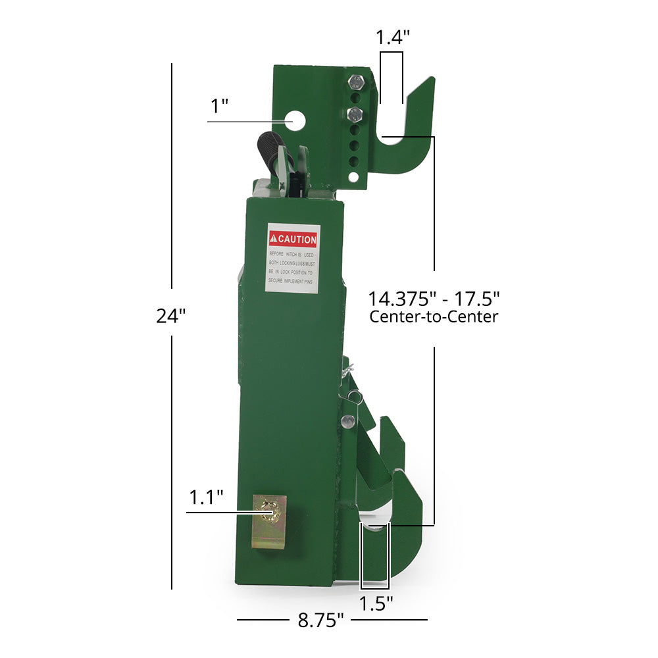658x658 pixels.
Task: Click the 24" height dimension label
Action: (x=171, y=316)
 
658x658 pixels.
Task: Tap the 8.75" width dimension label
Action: (x=321, y=620)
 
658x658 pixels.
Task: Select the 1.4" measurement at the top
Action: (x=392, y=38)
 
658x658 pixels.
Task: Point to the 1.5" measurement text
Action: (x=376, y=602)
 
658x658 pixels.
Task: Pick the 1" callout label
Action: (x=218, y=106)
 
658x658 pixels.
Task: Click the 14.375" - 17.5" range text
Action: (x=434, y=297)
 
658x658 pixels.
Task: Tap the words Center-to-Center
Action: (x=434, y=317)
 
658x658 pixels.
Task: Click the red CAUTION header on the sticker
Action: (x=293, y=240)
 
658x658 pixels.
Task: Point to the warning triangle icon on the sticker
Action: (x=273, y=240)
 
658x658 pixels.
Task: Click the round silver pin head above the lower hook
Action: (x=349, y=420)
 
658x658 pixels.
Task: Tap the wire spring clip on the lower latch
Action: (x=354, y=395)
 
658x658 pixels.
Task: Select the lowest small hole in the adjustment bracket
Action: (x=354, y=176)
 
